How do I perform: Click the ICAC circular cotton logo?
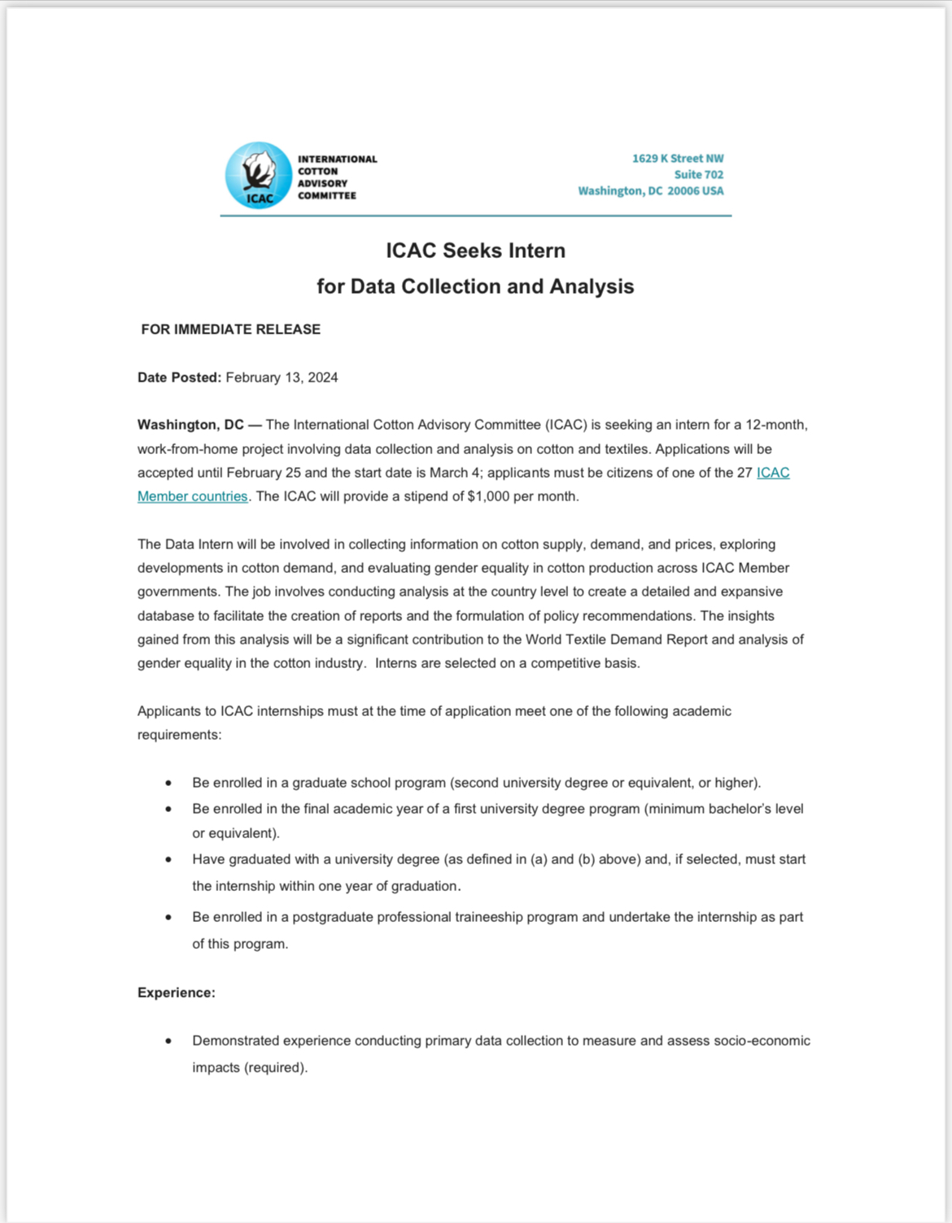point(258,176)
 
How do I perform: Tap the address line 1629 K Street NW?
point(677,159)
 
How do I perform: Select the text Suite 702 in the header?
point(698,175)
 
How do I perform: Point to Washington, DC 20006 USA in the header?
point(650,191)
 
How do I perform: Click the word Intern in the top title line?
point(537,251)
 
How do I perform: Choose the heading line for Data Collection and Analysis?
point(475,286)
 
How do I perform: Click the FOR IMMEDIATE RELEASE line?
point(231,330)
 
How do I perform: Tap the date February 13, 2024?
point(282,378)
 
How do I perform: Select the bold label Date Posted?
point(179,378)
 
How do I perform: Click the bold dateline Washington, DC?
point(190,425)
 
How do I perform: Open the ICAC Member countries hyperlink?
point(192,496)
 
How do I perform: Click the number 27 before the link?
point(745,473)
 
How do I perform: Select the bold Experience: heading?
point(177,993)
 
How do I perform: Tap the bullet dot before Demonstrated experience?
point(168,1041)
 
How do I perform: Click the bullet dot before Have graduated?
point(168,859)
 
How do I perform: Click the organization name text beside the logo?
point(336,177)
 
